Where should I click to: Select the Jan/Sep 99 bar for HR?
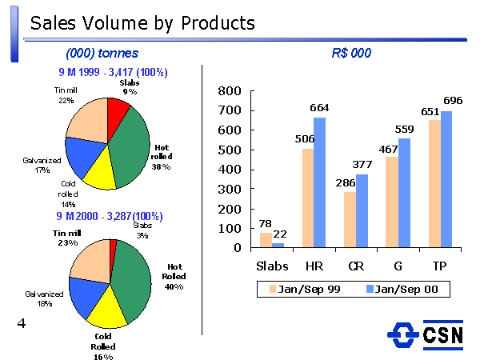click(308, 198)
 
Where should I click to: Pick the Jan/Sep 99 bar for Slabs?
click(266, 239)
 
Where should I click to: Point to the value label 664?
click(321, 108)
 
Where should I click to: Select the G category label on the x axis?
click(398, 266)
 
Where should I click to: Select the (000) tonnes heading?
click(102, 54)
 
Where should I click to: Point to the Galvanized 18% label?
click(38, 299)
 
